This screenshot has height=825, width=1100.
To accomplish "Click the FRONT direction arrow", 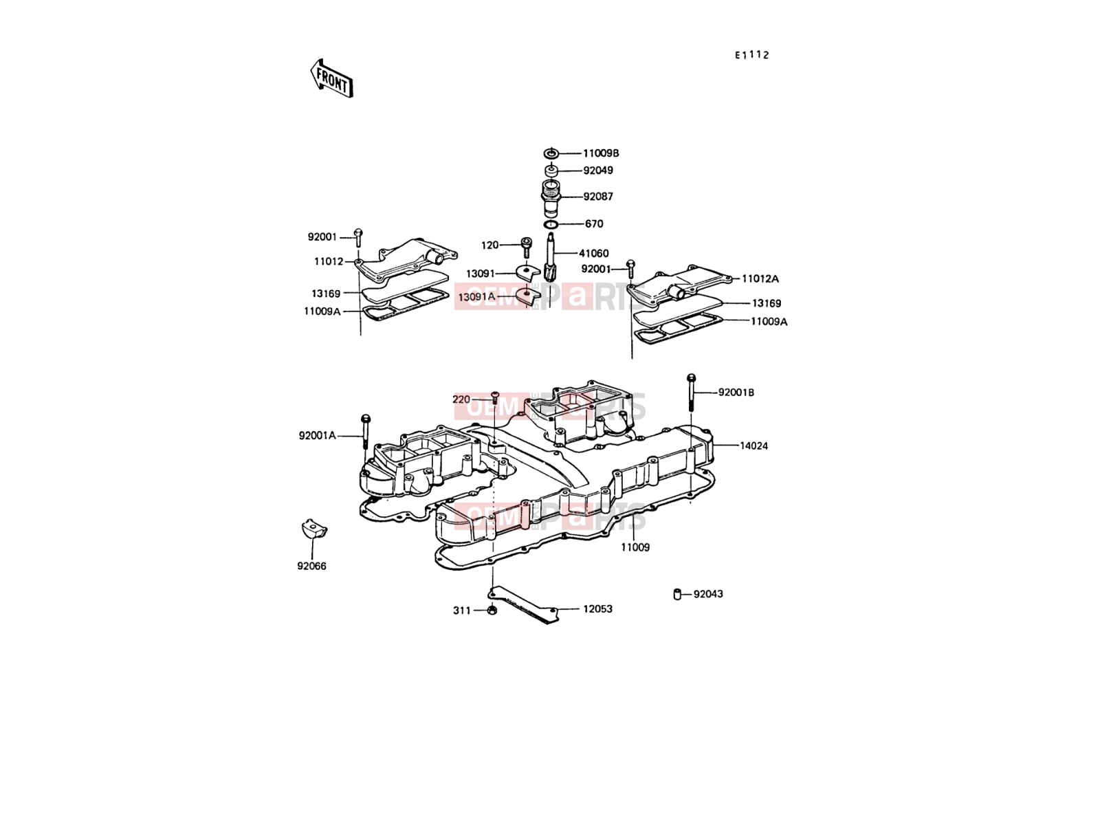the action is point(331,78).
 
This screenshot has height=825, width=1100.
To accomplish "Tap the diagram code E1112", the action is point(751,55).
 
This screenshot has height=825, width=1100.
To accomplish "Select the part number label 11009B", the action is point(601,153).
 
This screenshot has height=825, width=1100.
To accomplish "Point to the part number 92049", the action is point(598,170).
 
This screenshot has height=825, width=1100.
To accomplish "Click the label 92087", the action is point(598,197).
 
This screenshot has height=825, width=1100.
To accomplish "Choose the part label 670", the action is point(594,224).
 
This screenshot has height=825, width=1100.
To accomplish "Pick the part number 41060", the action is point(594,254).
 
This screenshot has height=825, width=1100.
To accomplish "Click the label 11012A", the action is point(760,279).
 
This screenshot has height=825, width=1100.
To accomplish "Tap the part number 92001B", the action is point(736,393).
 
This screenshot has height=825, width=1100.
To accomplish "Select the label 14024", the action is point(753,445).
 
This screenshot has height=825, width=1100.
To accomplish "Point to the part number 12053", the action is point(597,609).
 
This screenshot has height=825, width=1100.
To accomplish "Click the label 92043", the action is point(708,594).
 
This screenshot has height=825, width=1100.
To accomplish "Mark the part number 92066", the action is point(311,566).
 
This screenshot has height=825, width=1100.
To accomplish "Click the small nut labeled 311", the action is point(492,610).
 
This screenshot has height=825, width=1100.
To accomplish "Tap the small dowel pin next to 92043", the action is point(677,594).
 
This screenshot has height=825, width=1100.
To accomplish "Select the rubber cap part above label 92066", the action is point(314,529).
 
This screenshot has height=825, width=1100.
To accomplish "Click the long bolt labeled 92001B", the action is point(691,392).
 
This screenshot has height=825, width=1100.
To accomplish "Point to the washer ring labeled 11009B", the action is point(551,153).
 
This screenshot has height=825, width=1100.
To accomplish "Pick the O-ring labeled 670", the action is point(551,224).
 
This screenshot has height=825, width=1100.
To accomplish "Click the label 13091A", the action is point(476,297).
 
